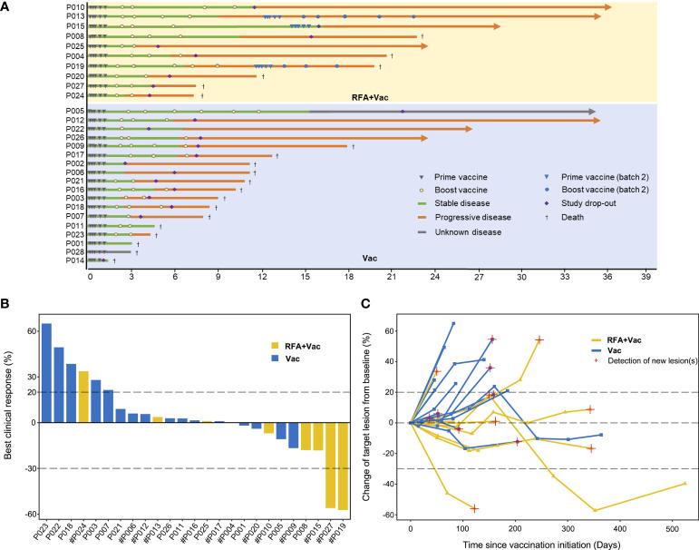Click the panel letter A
[6, 6]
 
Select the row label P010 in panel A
[76, 7]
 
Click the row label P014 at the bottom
[76, 260]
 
